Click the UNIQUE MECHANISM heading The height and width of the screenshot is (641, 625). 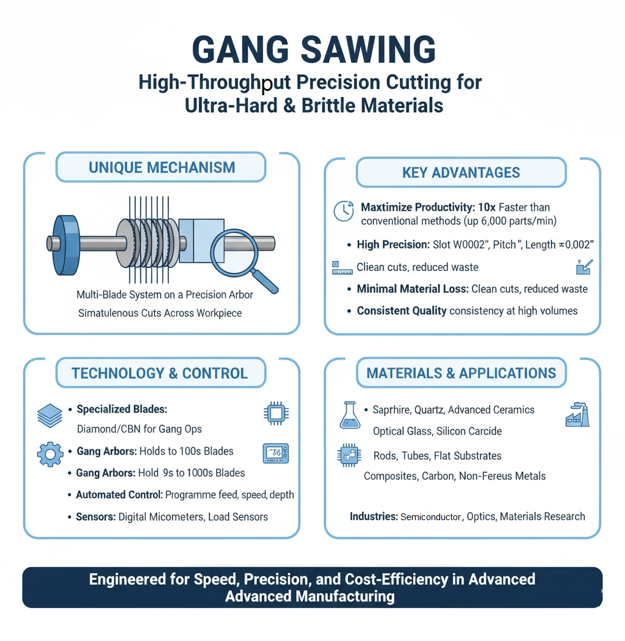[162, 168]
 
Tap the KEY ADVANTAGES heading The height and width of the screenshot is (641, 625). [461, 173]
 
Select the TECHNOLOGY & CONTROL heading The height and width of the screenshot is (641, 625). [160, 373]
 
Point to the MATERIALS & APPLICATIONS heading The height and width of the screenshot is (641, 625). [461, 373]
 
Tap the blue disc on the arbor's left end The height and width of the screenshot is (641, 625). [66, 245]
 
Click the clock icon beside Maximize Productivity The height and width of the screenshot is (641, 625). [344, 211]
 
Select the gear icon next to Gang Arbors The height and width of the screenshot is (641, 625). [50, 454]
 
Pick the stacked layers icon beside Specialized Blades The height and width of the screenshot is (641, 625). [50, 416]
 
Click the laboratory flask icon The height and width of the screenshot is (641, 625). [350, 415]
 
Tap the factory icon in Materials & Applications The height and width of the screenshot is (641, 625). [577, 415]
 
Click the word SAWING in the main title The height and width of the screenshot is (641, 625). [368, 50]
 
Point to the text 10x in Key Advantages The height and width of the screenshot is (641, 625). [486, 208]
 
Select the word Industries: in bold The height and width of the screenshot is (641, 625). [374, 516]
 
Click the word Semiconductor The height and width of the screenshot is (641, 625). [430, 517]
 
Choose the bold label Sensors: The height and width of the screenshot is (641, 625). [96, 516]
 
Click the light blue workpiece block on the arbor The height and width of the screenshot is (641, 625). [201, 241]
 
